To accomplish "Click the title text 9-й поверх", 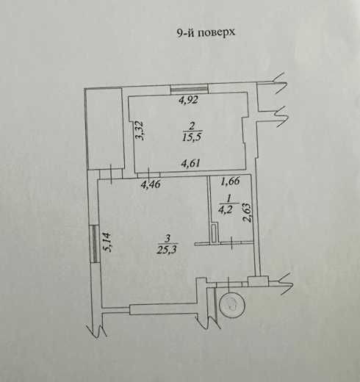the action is tap(206, 32).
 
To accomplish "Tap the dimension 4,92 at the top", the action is tap(188, 100).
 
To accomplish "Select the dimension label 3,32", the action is tap(140, 131).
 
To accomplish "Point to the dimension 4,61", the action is tap(190, 163).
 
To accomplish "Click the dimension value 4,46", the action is tap(151, 184).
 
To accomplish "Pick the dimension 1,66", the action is tap(230, 181).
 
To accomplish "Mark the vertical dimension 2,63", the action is tap(247, 212).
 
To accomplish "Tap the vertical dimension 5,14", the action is tap(107, 242).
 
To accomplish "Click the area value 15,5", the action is tap(192, 137).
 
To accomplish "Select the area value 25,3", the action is tap(168, 250).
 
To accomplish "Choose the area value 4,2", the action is tap(226, 210).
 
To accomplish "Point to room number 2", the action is tap(192, 126).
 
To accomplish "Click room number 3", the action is tap(168, 238).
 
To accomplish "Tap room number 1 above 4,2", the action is tap(228, 198).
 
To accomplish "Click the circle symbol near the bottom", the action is tap(232, 306).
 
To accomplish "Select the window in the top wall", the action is tap(190, 89).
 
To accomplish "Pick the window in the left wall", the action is tap(95, 244).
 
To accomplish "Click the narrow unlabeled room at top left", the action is tap(105, 129).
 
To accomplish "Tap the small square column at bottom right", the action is tap(258, 281).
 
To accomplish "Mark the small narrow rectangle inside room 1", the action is tap(214, 233).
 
